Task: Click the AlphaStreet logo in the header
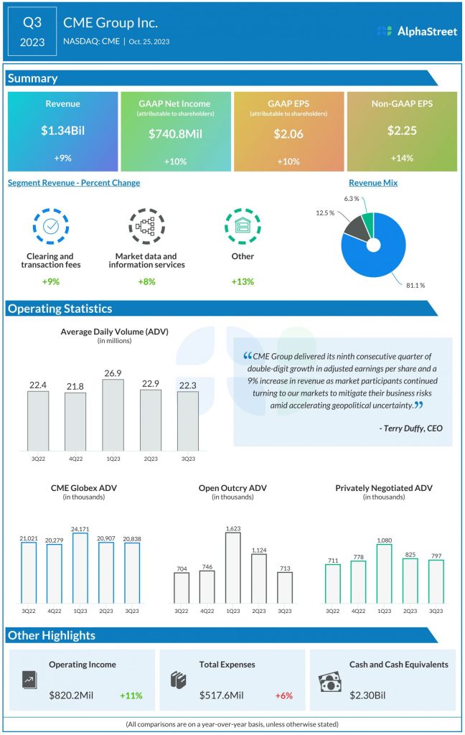point(416,31)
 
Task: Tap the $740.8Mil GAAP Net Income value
point(175,134)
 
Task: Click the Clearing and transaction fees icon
point(51,226)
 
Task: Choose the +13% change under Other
point(243,281)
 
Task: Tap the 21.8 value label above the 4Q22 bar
point(75,386)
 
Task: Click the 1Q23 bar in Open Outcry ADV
point(232,568)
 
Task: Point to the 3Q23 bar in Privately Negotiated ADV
point(436,581)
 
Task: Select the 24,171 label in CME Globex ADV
point(80,527)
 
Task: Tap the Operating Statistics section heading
point(60,309)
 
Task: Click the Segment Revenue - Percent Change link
point(74,183)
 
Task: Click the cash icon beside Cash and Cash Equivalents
point(329,680)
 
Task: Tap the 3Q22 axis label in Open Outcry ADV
point(182,611)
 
